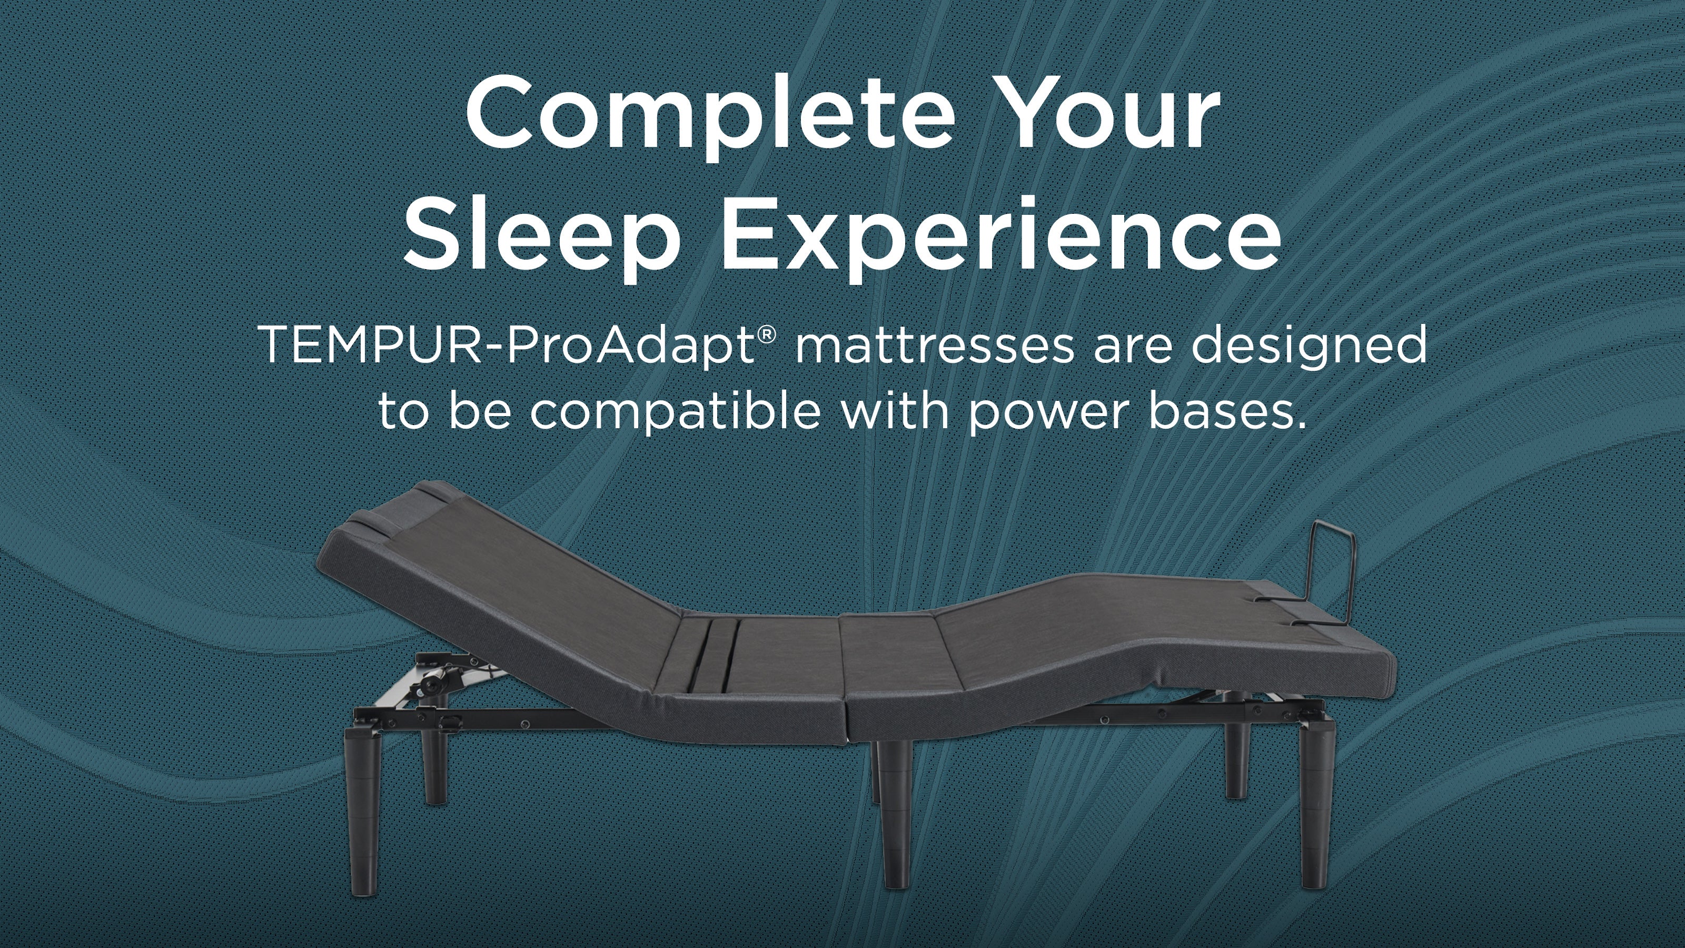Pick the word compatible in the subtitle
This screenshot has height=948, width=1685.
(x=675, y=412)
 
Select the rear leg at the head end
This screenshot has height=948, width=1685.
(x=433, y=765)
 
